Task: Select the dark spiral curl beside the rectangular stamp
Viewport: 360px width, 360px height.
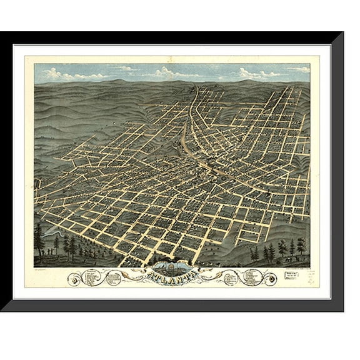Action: (x=271, y=279)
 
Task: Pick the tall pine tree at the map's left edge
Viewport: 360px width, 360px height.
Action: (x=39, y=239)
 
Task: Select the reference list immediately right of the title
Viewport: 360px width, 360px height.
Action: (x=227, y=276)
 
